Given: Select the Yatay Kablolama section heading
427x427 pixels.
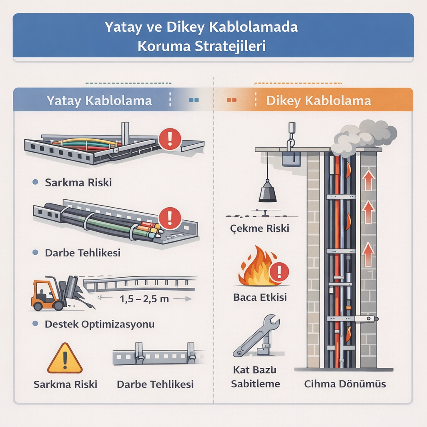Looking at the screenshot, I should click(99, 100).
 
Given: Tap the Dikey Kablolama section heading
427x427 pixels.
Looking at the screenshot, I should click(319, 100).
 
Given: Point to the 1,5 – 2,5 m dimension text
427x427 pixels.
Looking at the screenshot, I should click(144, 299).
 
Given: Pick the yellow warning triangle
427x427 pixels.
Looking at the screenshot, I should click(65, 359).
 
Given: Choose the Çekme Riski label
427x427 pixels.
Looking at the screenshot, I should click(260, 229).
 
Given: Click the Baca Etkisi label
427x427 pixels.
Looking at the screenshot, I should click(260, 298).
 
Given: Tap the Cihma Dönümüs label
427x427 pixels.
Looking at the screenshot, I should click(344, 384).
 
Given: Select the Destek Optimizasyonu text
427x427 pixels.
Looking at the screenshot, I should click(99, 324).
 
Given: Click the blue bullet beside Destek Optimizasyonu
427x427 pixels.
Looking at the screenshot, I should click(35, 324).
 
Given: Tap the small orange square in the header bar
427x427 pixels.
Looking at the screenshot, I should click(231, 100).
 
